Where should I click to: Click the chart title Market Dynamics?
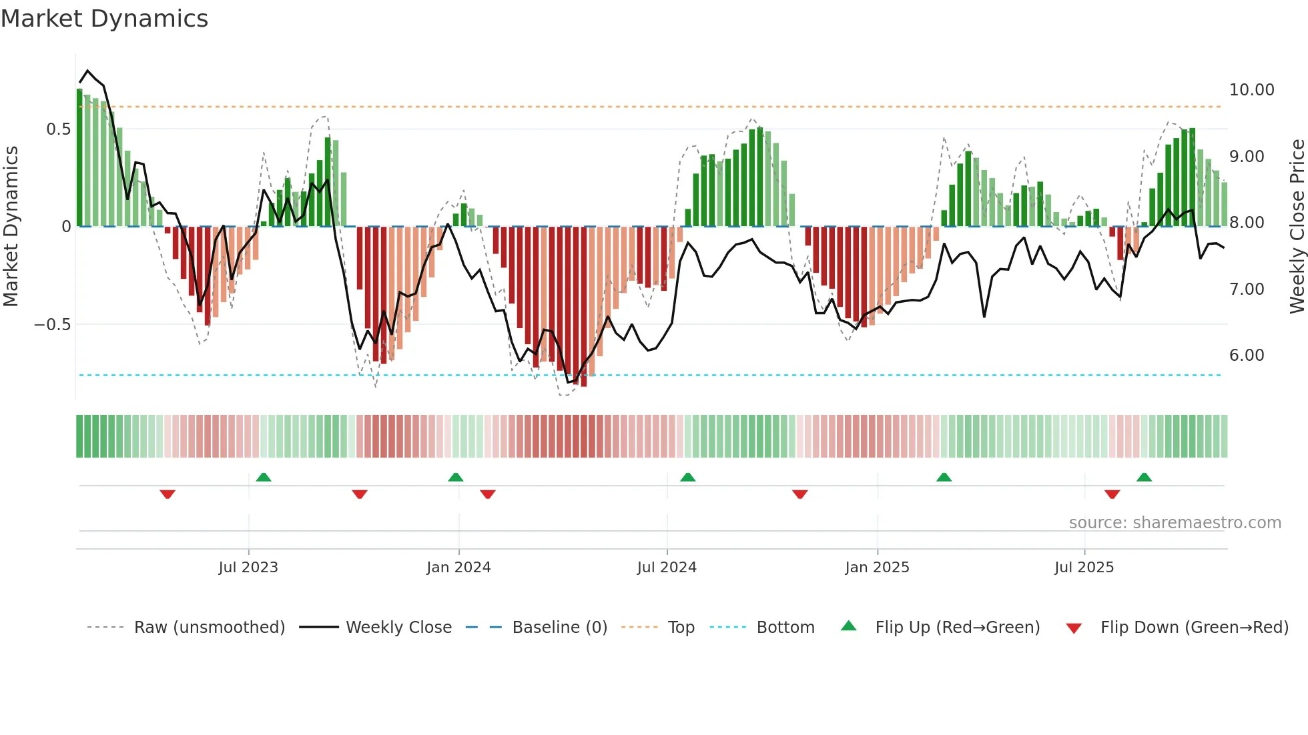pyautogui.click(x=104, y=19)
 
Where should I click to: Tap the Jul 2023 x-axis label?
pyautogui.click(x=248, y=568)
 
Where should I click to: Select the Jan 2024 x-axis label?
pyautogui.click(x=458, y=568)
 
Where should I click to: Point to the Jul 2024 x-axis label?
pyautogui.click(x=667, y=568)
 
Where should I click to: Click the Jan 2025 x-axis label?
pyautogui.click(x=877, y=568)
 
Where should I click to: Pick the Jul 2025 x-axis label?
pyautogui.click(x=1084, y=568)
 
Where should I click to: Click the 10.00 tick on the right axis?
pyautogui.click(x=1251, y=90)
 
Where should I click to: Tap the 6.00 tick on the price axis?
pyautogui.click(x=1247, y=355)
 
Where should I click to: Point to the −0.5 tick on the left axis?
pyautogui.click(x=52, y=325)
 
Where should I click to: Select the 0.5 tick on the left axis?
pyautogui.click(x=58, y=129)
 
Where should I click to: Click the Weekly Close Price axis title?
pyautogui.click(x=1297, y=227)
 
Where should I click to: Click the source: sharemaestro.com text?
pyautogui.click(x=1175, y=523)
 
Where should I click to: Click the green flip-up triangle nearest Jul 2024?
pyautogui.click(x=687, y=477)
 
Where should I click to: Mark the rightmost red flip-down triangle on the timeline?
pyautogui.click(x=1112, y=494)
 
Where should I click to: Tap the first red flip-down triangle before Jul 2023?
pyautogui.click(x=168, y=494)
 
